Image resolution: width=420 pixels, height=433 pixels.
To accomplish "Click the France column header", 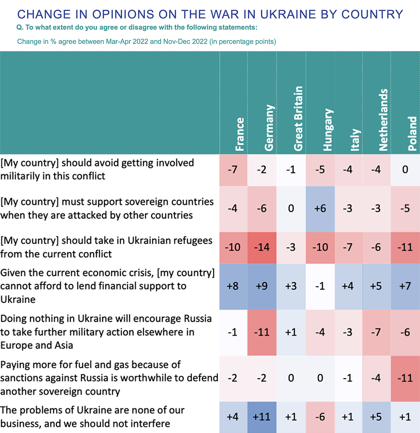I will coord(240,134).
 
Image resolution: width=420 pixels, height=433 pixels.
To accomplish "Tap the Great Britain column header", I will coord(298,118).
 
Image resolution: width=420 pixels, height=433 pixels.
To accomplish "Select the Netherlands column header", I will coord(383,120).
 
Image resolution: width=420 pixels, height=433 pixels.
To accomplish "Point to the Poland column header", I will coord(412,133).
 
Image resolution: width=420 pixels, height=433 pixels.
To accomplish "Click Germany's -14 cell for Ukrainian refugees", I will coord(262,247).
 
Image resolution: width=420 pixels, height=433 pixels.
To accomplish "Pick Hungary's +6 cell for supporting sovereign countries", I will coord(320,208).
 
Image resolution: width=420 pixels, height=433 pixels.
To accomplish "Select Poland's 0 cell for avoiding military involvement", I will coord(405,170).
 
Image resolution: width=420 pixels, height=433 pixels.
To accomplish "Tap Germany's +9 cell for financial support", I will coord(262,286).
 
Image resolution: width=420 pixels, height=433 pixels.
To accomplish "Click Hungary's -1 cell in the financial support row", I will coord(320,286).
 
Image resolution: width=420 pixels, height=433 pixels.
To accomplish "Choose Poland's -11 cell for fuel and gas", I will coord(405,378).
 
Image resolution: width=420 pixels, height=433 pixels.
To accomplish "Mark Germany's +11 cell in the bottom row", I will coord(262,417).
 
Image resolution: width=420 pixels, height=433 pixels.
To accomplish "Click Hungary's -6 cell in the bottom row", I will coord(320,417).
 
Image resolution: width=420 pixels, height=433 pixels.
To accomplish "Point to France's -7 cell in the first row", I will coord(233,170).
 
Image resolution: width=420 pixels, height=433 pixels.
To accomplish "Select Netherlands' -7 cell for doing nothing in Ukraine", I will coord(376,332).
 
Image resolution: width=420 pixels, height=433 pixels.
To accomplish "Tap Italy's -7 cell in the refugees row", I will coord(348,247).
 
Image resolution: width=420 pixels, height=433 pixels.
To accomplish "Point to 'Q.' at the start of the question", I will coord(20,27).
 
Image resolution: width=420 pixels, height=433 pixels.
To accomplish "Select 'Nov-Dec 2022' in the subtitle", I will coord(185,42).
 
